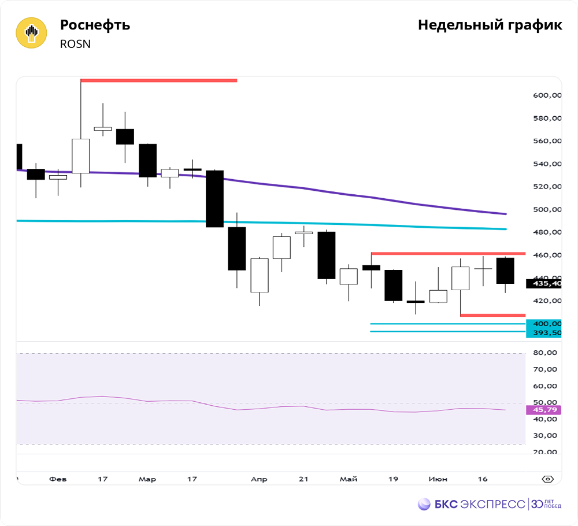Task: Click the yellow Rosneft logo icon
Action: [31, 33]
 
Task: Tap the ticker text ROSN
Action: [75, 44]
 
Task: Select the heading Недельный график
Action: [490, 25]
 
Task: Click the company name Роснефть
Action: [95, 25]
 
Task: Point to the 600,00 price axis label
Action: [546, 95]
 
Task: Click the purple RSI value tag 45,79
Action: [544, 410]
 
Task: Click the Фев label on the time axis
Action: [58, 479]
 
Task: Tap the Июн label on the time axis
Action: [438, 479]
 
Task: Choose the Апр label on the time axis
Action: [259, 479]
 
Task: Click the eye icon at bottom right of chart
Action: [548, 479]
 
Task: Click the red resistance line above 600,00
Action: [159, 80]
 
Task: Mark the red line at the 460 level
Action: [448, 253]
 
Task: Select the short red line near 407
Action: [492, 315]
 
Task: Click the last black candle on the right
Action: [505, 271]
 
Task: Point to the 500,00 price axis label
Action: [546, 210]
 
